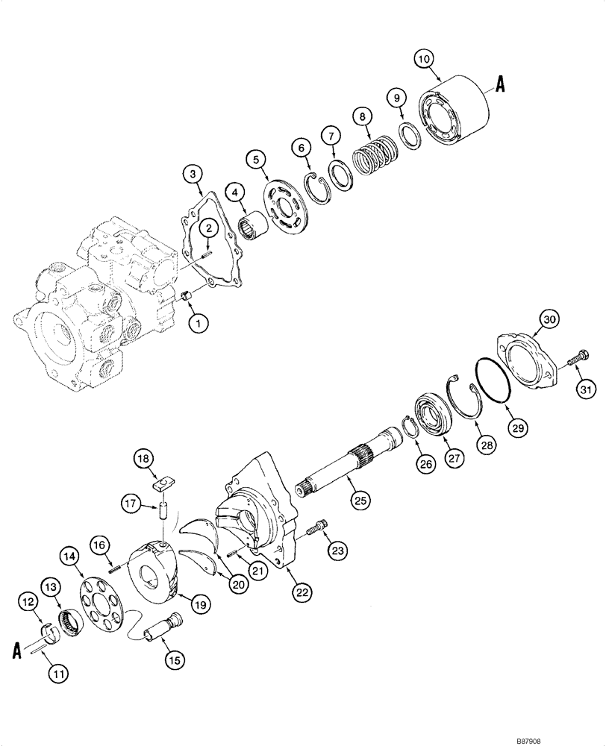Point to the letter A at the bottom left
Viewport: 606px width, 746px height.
[16, 651]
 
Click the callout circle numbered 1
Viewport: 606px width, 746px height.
[199, 324]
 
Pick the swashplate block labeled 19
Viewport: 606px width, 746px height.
[157, 574]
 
